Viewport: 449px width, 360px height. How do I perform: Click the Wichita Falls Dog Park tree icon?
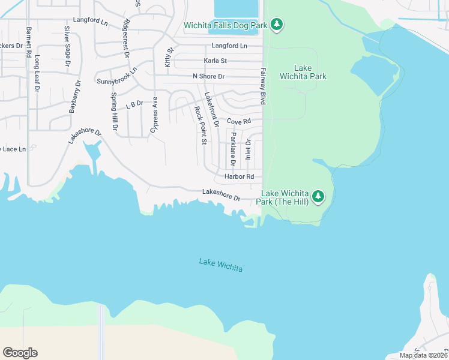click(276, 25)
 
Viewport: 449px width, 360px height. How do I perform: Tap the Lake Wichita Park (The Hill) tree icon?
click(318, 196)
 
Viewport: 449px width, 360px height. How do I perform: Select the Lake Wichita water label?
click(221, 265)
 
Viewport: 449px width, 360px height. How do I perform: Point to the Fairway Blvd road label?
click(262, 86)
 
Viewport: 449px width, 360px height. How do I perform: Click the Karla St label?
click(215, 61)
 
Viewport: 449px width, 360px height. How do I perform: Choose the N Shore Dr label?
click(208, 76)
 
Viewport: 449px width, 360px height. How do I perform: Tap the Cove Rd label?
click(238, 122)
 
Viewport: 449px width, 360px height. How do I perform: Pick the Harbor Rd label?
click(240, 176)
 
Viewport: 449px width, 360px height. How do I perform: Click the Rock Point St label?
click(200, 126)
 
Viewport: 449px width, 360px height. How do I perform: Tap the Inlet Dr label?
click(247, 149)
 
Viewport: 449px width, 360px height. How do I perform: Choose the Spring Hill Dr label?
click(114, 112)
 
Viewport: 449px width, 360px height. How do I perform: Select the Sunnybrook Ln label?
click(116, 76)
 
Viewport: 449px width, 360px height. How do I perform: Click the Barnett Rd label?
click(29, 42)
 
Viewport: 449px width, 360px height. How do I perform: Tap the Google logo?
click(20, 353)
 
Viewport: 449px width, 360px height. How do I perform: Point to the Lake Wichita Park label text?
click(303, 72)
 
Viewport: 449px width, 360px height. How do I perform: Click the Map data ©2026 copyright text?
click(423, 355)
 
